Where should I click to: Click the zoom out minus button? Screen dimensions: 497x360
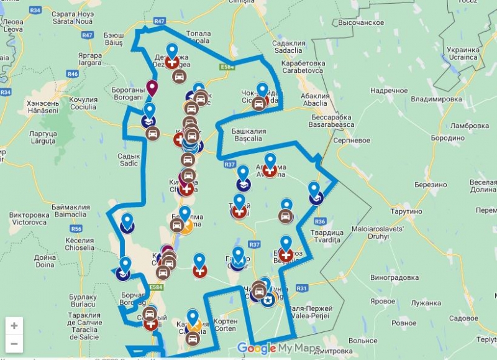pos(14,343)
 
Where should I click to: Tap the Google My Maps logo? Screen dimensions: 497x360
pos(279,348)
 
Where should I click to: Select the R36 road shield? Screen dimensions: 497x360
pos(320,221)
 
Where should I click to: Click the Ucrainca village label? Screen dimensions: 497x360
pos(463,53)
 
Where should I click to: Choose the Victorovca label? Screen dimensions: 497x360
pos(29,218)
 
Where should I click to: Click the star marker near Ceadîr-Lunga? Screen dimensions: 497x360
pos(268,300)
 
